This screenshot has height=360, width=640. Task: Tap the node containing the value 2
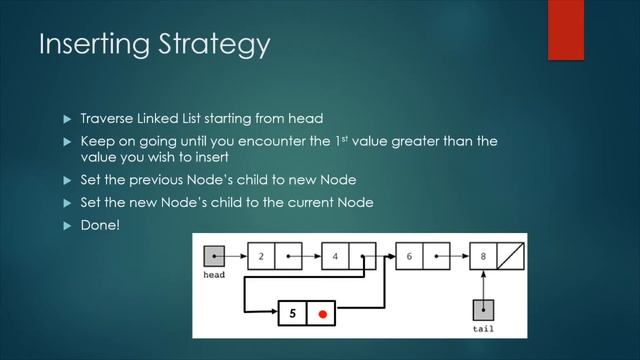[261, 256]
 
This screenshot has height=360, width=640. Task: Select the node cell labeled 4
[336, 256]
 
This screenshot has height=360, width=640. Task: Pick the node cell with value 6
[410, 256]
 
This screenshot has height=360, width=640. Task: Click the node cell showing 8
[483, 256]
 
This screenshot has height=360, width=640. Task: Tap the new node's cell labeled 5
[292, 313]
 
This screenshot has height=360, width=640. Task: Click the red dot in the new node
[322, 313]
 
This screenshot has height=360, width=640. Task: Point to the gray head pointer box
[214, 256]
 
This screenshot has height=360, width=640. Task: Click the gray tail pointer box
[483, 311]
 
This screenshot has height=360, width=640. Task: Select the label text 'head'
[214, 274]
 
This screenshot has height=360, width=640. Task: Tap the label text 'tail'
[483, 328]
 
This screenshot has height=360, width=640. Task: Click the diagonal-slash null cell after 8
[510, 256]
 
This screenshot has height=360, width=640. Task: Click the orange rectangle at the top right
[566, 29]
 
